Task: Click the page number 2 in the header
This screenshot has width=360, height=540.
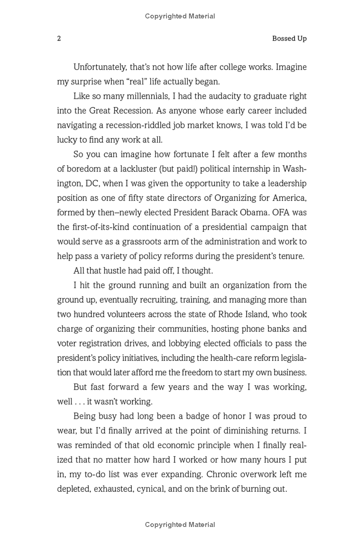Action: (x=59, y=39)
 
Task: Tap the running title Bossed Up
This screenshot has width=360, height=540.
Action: (x=289, y=39)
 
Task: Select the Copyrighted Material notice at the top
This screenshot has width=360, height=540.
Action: (x=180, y=16)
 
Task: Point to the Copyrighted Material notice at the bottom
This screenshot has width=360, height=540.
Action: (x=180, y=525)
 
